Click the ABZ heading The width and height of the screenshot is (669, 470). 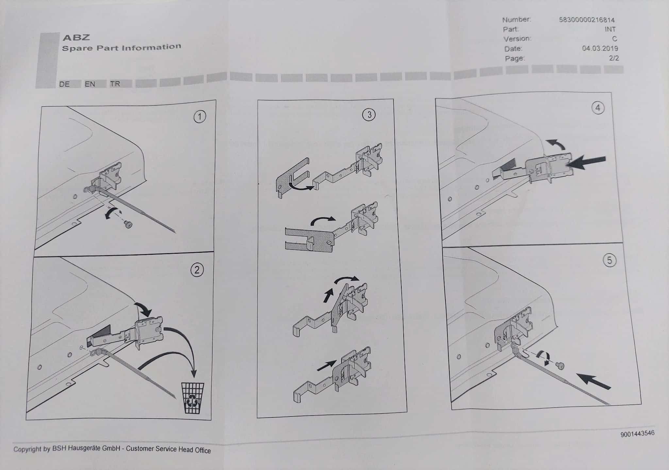pos(76,38)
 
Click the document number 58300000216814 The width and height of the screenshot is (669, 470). pos(587,20)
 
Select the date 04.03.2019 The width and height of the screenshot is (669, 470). pos(600,49)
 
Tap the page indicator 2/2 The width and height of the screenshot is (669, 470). pos(614,58)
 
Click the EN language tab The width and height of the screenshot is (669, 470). pos(90,84)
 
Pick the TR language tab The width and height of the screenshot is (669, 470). pos(115,84)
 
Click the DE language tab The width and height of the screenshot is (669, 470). pos(64,84)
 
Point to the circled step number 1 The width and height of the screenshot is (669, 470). pos(200,117)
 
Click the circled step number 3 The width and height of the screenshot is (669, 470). pos(369,115)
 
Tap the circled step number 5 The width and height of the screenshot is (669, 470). pos(609,260)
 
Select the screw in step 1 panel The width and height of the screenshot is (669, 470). pos(128,224)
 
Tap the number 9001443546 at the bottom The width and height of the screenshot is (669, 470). pos(637,433)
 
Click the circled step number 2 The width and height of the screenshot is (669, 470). pos(197,270)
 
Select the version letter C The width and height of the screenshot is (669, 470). pos(614,39)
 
